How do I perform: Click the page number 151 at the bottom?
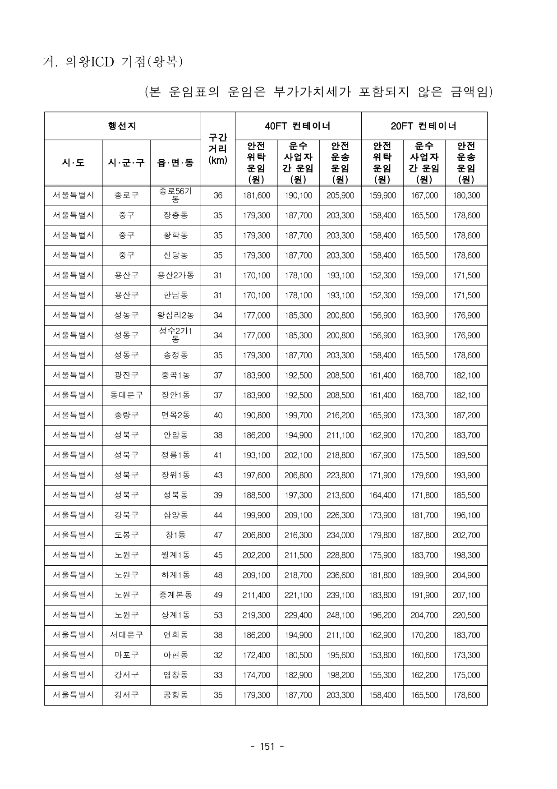pyautogui.click(x=267, y=747)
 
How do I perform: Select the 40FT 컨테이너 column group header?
pyautogui.click(x=298, y=126)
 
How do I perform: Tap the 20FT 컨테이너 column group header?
pyautogui.click(x=424, y=126)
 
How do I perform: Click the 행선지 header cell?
pyautogui.click(x=122, y=126)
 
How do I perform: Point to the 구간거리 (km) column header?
pyautogui.click(x=218, y=148)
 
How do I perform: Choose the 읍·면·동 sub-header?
pyautogui.click(x=175, y=162)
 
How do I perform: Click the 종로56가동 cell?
pyautogui.click(x=175, y=195)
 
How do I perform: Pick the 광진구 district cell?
pyautogui.click(x=126, y=375)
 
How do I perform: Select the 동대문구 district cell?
pyautogui.click(x=126, y=395)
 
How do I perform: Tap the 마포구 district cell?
pyautogui.click(x=126, y=655)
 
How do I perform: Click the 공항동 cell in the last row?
pyautogui.click(x=175, y=695)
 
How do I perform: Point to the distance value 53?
pyautogui.click(x=218, y=615)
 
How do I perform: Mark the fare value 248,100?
pyautogui.click(x=340, y=615)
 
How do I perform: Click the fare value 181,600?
pyautogui.click(x=256, y=195)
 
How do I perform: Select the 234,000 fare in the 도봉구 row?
pyautogui.click(x=340, y=535)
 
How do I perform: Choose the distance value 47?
pyautogui.click(x=218, y=535)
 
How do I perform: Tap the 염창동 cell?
pyautogui.click(x=175, y=675)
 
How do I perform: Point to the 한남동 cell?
pyautogui.click(x=175, y=295)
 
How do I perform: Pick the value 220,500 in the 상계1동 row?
pyautogui.click(x=466, y=615)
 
